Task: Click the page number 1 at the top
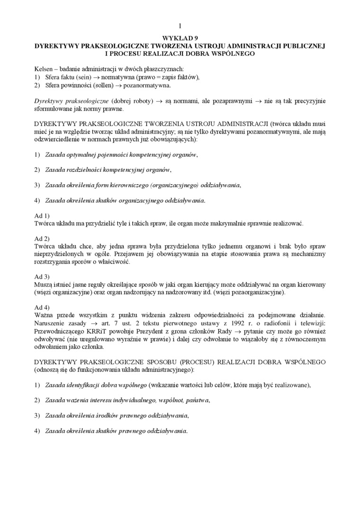180,26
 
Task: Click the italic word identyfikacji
85,385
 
